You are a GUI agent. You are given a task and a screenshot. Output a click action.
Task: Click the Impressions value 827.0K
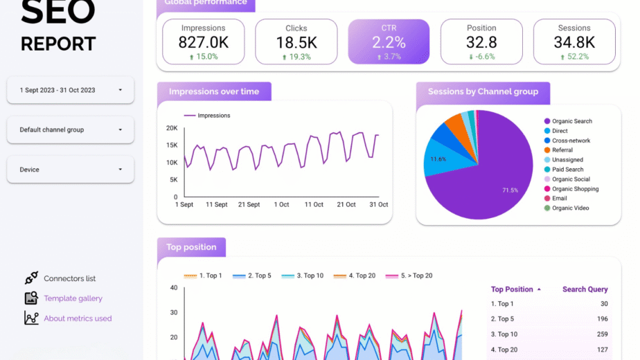click(x=203, y=42)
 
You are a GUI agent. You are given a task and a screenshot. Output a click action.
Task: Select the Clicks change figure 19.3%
click(x=296, y=57)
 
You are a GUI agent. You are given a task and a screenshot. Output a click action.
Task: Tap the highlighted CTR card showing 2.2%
click(x=389, y=42)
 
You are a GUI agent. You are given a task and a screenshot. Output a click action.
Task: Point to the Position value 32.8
click(x=481, y=42)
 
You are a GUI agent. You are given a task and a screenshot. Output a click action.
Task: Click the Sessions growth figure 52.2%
click(x=575, y=57)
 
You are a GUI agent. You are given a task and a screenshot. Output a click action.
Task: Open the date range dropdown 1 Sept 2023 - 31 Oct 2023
click(x=70, y=90)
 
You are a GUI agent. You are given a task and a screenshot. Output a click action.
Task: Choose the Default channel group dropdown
click(x=70, y=129)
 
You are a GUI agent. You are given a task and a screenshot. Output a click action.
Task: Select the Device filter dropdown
click(x=70, y=170)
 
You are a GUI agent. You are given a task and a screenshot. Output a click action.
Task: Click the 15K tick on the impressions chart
click(x=172, y=145)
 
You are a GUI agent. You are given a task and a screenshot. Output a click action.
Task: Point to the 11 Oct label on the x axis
click(x=314, y=204)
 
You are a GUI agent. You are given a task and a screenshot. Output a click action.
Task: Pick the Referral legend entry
click(x=558, y=150)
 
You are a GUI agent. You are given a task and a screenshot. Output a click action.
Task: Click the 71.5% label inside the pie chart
click(x=510, y=190)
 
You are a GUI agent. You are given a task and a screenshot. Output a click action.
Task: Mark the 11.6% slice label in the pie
click(x=438, y=159)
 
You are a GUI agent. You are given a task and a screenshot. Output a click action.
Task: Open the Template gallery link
click(x=73, y=298)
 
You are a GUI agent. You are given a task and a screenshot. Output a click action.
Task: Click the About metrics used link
click(x=78, y=318)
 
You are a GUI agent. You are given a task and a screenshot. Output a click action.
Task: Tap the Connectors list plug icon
click(x=31, y=278)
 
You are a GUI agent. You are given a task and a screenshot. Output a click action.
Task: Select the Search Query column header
click(x=585, y=289)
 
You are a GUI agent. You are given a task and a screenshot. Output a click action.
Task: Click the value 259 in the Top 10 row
click(x=603, y=334)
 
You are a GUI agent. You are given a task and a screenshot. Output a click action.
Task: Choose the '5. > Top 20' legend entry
click(x=409, y=276)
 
